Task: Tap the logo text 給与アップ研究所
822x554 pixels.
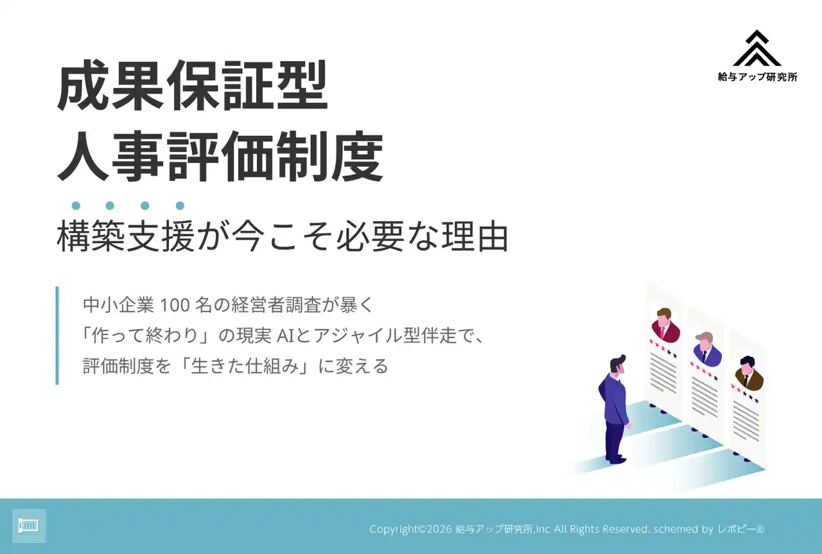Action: point(757,76)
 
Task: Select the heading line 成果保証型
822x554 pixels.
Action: point(192,85)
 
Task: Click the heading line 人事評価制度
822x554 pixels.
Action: point(220,156)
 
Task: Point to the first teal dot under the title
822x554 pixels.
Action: point(76,206)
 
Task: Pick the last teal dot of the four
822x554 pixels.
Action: point(180,206)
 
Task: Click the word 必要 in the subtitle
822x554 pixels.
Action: point(371,236)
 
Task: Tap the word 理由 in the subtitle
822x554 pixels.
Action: point(475,236)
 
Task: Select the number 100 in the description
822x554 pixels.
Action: point(175,306)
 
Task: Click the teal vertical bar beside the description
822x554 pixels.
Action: point(57,335)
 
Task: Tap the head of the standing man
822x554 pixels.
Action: point(618,365)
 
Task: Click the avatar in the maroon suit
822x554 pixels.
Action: point(665,325)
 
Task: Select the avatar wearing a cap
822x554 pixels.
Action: point(707,350)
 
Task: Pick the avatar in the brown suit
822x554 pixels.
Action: point(749,374)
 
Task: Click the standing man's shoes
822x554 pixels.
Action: point(615,459)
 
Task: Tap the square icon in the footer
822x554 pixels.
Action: point(29,526)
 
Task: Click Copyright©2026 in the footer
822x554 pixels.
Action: point(410,529)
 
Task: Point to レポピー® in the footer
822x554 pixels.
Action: point(741,529)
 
